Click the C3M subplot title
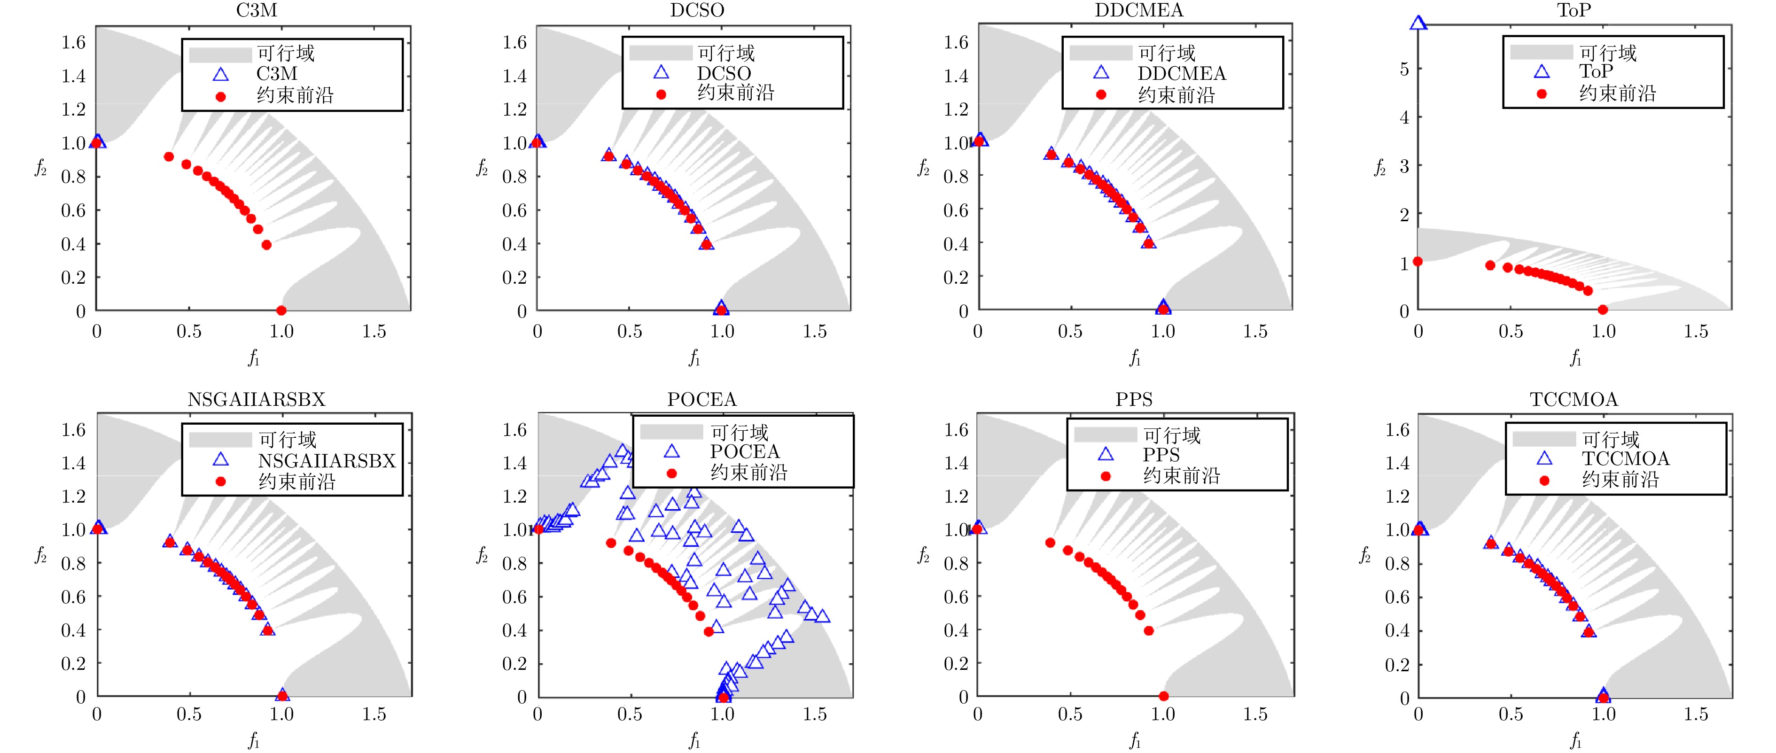[257, 10]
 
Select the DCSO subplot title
[697, 10]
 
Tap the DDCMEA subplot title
[1138, 10]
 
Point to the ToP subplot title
[1573, 10]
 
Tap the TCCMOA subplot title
[1573, 399]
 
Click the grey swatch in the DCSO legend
[660, 53]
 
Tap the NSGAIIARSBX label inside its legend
[327, 461]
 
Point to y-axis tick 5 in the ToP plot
[1404, 70]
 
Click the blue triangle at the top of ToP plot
[1418, 23]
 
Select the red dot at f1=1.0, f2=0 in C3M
[281, 311]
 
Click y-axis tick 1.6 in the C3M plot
[73, 43]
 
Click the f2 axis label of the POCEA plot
[482, 555]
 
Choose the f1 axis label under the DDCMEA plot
[1135, 358]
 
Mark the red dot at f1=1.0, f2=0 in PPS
[1163, 697]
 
